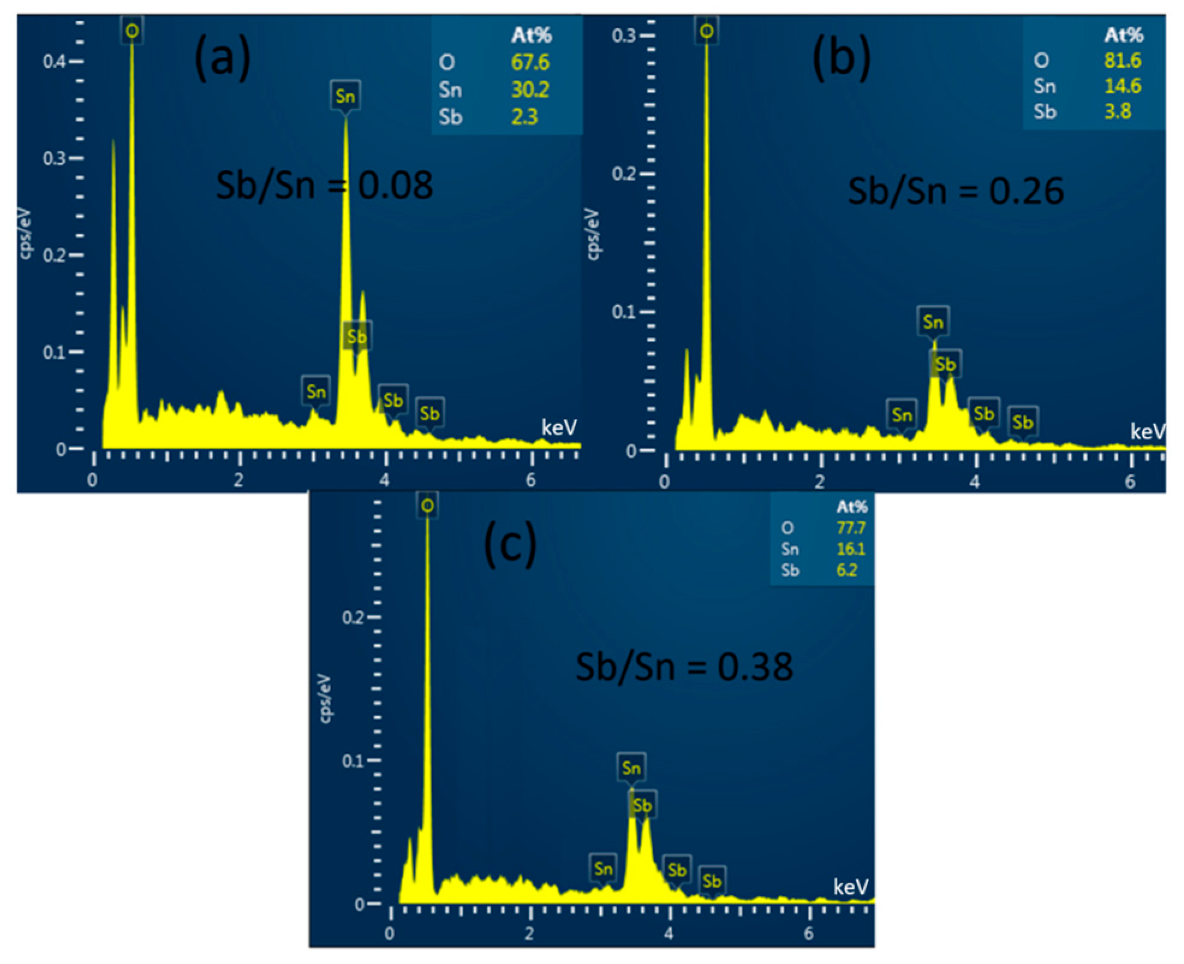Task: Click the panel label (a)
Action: [x=222, y=59]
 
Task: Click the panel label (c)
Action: [x=510, y=544]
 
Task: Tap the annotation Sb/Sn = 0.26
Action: [x=955, y=191]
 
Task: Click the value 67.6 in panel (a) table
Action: [x=530, y=63]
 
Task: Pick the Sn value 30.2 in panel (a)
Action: [x=530, y=90]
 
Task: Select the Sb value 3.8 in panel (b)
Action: [x=1117, y=111]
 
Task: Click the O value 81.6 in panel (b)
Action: [x=1122, y=60]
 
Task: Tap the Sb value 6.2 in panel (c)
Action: [x=846, y=570]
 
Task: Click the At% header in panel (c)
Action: [x=851, y=507]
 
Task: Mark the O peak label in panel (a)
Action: [x=132, y=31]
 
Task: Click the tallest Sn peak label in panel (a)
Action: [x=345, y=96]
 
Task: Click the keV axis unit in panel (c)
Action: [x=851, y=887]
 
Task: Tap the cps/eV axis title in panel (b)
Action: [x=592, y=234]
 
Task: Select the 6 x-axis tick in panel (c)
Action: [x=809, y=933]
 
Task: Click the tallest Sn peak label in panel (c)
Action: [x=631, y=767]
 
